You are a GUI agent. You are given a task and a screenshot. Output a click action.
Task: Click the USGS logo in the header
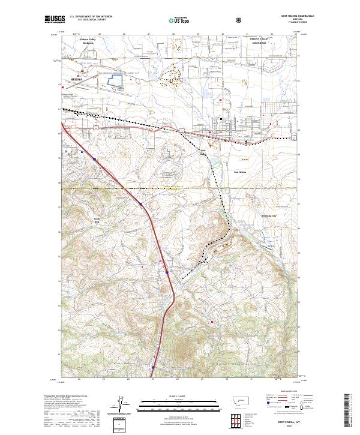[55, 20]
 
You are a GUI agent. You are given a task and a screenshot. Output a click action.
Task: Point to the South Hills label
[95, 221]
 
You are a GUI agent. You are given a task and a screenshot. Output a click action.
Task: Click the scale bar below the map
[171, 403]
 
